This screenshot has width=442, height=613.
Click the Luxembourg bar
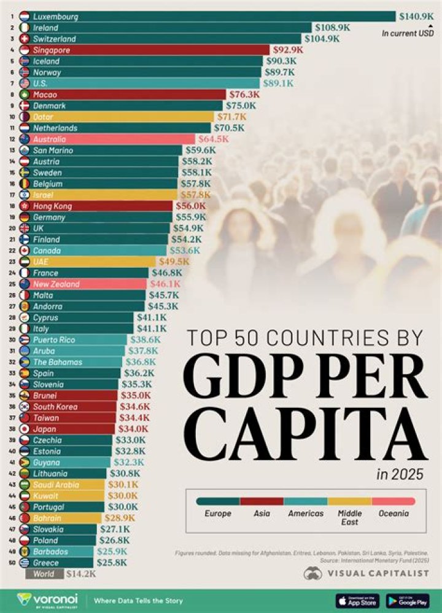tap(209, 17)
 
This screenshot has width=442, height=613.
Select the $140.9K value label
tap(416, 17)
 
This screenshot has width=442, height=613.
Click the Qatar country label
tap(43, 117)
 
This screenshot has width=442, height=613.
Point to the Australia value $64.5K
tap(212, 139)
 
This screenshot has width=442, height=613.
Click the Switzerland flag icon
tap(25, 39)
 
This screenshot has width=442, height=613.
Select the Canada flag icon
tap(25, 251)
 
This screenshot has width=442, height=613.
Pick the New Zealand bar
tap(86, 284)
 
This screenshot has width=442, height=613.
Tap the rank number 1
tap(12, 17)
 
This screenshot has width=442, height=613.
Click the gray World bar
tap(44, 574)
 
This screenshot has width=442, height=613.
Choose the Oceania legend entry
tap(394, 513)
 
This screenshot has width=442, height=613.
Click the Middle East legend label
tap(349, 517)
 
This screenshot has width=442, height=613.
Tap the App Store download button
tap(357, 600)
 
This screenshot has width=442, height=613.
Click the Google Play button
tap(408, 600)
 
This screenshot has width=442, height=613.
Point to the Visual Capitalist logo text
tap(377, 573)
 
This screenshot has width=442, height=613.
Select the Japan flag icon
tap(25, 429)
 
